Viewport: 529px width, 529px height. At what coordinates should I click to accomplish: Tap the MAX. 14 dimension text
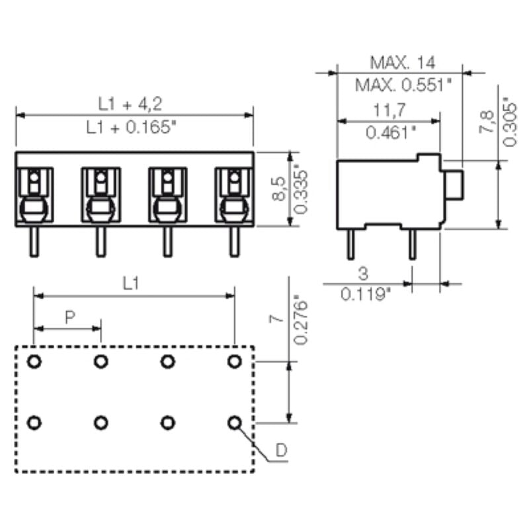click(x=402, y=63)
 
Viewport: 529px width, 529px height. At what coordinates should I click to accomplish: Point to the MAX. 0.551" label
click(x=403, y=85)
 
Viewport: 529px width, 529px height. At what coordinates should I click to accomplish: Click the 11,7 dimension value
click(x=389, y=109)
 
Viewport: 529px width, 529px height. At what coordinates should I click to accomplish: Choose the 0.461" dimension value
click(x=390, y=132)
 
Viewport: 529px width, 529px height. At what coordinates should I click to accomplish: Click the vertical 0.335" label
click(x=301, y=189)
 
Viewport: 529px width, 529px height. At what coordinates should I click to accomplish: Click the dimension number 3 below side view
click(x=362, y=274)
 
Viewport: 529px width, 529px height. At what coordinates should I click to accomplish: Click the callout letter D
click(x=281, y=451)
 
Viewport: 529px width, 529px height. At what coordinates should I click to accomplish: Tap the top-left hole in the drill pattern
click(x=34, y=361)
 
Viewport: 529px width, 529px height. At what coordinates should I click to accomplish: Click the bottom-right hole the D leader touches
click(x=234, y=422)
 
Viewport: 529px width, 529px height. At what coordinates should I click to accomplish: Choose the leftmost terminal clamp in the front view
click(x=34, y=195)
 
